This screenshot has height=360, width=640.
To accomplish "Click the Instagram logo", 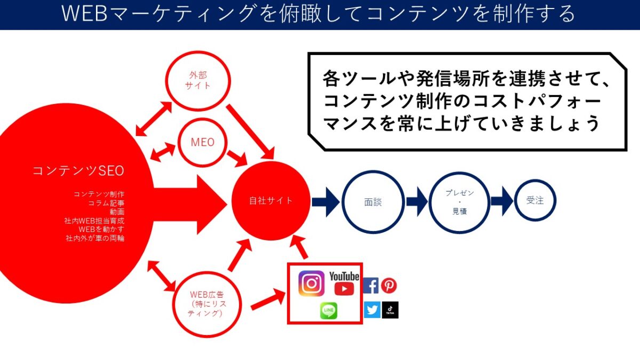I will tap(311, 283).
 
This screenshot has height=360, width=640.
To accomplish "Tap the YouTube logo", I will tap(344, 283).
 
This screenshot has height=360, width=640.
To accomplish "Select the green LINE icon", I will tap(329, 311).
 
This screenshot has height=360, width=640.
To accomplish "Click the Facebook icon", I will tap(371, 286).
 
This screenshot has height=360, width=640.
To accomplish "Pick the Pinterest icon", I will tap(389, 286).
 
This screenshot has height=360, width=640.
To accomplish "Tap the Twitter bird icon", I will tap(372, 310).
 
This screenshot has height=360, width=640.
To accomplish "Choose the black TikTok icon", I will tap(390, 310).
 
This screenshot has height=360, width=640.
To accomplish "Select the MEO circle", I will tap(203, 142).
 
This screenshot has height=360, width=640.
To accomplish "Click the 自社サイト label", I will tap(271, 201).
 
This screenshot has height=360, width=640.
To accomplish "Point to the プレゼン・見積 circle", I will tap(459, 202).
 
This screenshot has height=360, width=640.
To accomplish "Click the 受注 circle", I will tap(535, 201).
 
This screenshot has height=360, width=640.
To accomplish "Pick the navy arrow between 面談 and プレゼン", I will tap(417, 202).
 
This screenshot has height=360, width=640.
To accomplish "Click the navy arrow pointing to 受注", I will tap(502, 201).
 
